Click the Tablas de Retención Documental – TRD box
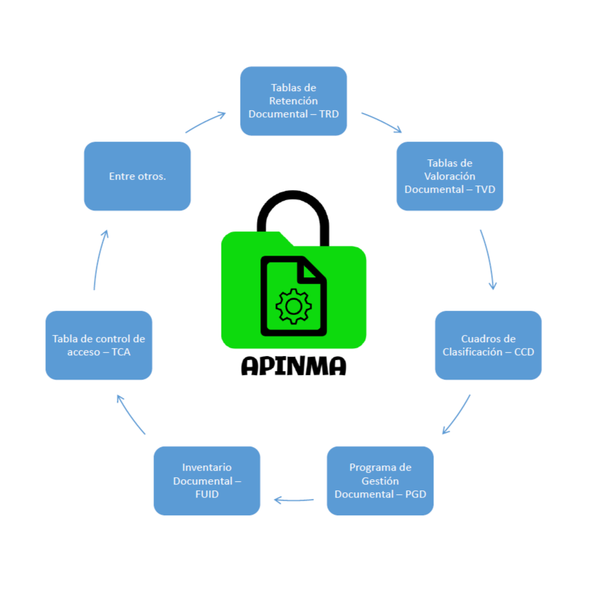[x=293, y=101]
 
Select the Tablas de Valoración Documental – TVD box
[x=450, y=176]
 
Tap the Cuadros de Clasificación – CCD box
[x=488, y=345]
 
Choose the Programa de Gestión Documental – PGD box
[x=380, y=481]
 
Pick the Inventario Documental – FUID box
[x=206, y=481]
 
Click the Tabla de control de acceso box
[x=98, y=345]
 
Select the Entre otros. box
[x=137, y=176]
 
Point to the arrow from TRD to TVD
[x=382, y=122]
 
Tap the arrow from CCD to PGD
[x=457, y=414]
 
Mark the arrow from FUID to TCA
[x=130, y=414]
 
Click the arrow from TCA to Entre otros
[x=98, y=260]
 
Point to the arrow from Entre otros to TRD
[x=205, y=122]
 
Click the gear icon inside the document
[x=294, y=305]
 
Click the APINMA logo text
[x=293, y=366]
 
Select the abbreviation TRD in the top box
[x=328, y=114]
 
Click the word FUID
[x=206, y=494]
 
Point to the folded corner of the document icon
[x=313, y=270]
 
